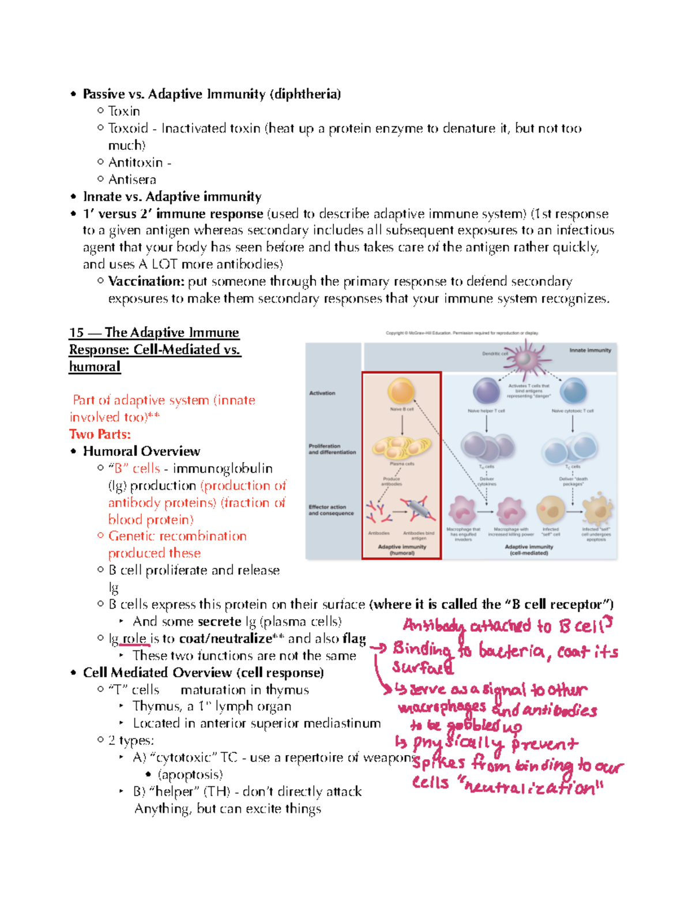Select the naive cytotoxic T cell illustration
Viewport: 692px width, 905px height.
[573, 391]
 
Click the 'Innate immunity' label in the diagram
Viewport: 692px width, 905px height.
[590, 350]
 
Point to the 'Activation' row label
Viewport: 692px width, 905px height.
[322, 393]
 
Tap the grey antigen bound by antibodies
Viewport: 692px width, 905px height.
[418, 511]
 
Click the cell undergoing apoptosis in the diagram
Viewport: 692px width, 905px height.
[597, 510]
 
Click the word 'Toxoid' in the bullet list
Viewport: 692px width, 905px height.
[128, 128]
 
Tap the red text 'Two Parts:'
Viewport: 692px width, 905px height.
[100, 434]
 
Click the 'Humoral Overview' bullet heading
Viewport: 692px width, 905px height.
[141, 451]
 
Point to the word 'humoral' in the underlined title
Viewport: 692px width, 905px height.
[95, 367]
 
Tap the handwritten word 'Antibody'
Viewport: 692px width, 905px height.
[434, 626]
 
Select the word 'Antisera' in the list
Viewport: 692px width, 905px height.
[132, 179]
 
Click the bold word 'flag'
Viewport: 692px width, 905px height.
[353, 639]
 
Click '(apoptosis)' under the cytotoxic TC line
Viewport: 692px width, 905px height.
[190, 775]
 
